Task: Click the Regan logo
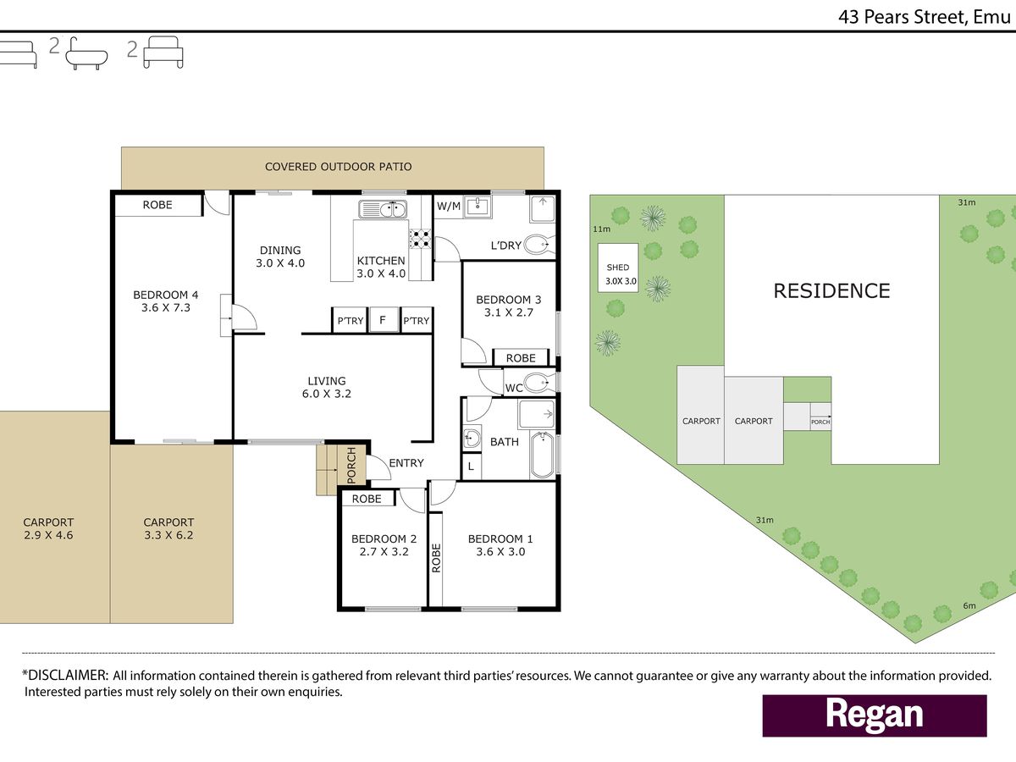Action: click(x=875, y=715)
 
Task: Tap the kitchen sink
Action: click(x=383, y=209)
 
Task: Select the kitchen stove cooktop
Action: click(x=420, y=239)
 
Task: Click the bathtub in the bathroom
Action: click(x=542, y=455)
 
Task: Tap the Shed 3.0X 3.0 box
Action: click(x=618, y=268)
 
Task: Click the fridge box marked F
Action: click(x=383, y=320)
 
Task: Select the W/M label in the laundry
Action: click(x=449, y=207)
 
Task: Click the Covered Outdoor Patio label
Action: click(x=339, y=167)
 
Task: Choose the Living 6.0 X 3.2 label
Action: click(x=327, y=387)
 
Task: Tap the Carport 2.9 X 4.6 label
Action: click(x=48, y=528)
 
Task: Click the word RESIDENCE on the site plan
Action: click(x=831, y=291)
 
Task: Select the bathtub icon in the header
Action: click(x=86, y=53)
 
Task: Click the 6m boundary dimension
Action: click(x=969, y=605)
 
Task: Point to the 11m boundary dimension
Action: click(x=602, y=229)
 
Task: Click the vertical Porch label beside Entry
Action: click(x=351, y=465)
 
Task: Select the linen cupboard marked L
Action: click(x=472, y=466)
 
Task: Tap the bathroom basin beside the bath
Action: click(x=472, y=438)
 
